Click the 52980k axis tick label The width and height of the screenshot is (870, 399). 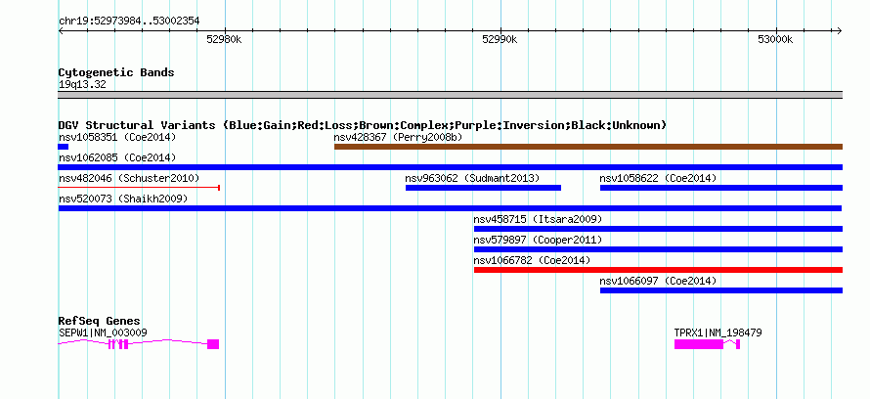[224, 39]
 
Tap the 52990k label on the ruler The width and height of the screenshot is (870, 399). [500, 39]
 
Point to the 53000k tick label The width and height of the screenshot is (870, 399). [776, 39]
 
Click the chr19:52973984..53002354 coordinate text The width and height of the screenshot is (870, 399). [129, 22]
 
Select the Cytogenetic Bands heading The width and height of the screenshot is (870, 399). [116, 72]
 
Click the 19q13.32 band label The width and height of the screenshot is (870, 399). [82, 85]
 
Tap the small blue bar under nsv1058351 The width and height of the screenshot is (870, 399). [64, 147]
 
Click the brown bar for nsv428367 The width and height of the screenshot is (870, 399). [588, 147]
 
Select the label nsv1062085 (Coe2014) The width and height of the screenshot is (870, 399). [117, 157]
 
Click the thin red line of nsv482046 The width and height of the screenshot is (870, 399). [139, 188]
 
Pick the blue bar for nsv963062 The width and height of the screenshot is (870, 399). [483, 188]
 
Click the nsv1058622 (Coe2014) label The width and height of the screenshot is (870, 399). [658, 178]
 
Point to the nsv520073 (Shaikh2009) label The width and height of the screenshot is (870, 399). [123, 199]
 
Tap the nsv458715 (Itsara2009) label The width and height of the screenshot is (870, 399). [538, 219]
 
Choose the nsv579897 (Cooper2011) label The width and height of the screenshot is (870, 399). [538, 240]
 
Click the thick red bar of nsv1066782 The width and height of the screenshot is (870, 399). [658, 270]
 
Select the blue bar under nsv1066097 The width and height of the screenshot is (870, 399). [721, 290]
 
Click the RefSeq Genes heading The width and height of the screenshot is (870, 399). [100, 322]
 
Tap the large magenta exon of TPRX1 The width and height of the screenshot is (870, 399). [699, 344]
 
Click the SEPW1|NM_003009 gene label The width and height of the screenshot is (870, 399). [103, 332]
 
